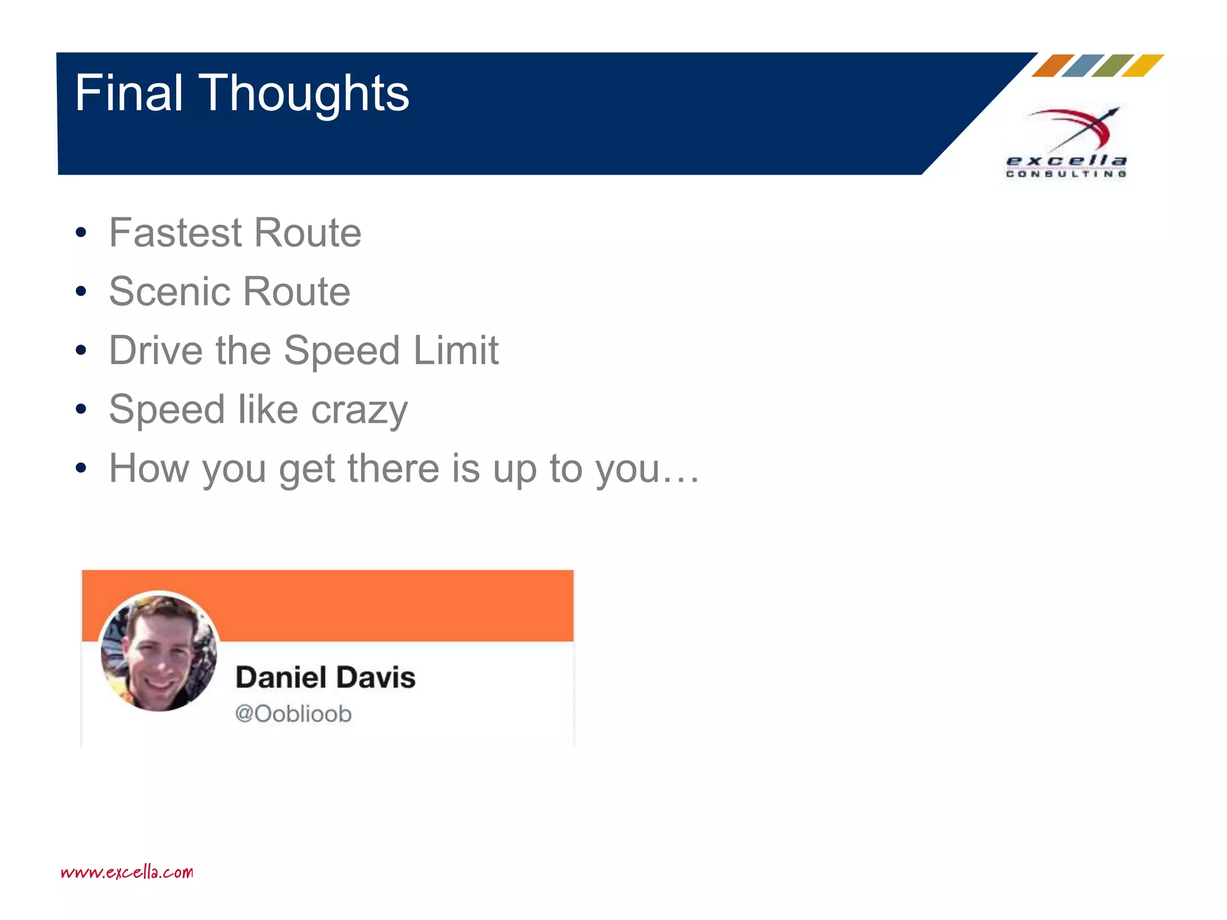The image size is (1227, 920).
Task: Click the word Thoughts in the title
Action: click(304, 95)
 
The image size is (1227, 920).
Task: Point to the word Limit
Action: click(456, 350)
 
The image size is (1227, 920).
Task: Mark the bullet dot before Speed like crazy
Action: click(81, 410)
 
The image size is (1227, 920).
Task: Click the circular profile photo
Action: click(159, 652)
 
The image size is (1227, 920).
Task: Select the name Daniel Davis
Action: click(325, 677)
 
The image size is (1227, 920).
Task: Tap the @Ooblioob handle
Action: click(293, 714)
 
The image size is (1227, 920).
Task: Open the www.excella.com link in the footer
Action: click(127, 872)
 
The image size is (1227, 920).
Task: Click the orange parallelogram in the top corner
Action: click(1053, 66)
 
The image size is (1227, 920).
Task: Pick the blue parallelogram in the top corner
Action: click(1083, 66)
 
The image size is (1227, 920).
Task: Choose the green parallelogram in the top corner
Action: click(1113, 66)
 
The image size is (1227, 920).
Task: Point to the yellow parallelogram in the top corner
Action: click(1143, 66)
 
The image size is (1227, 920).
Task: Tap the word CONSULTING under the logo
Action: click(1066, 174)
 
